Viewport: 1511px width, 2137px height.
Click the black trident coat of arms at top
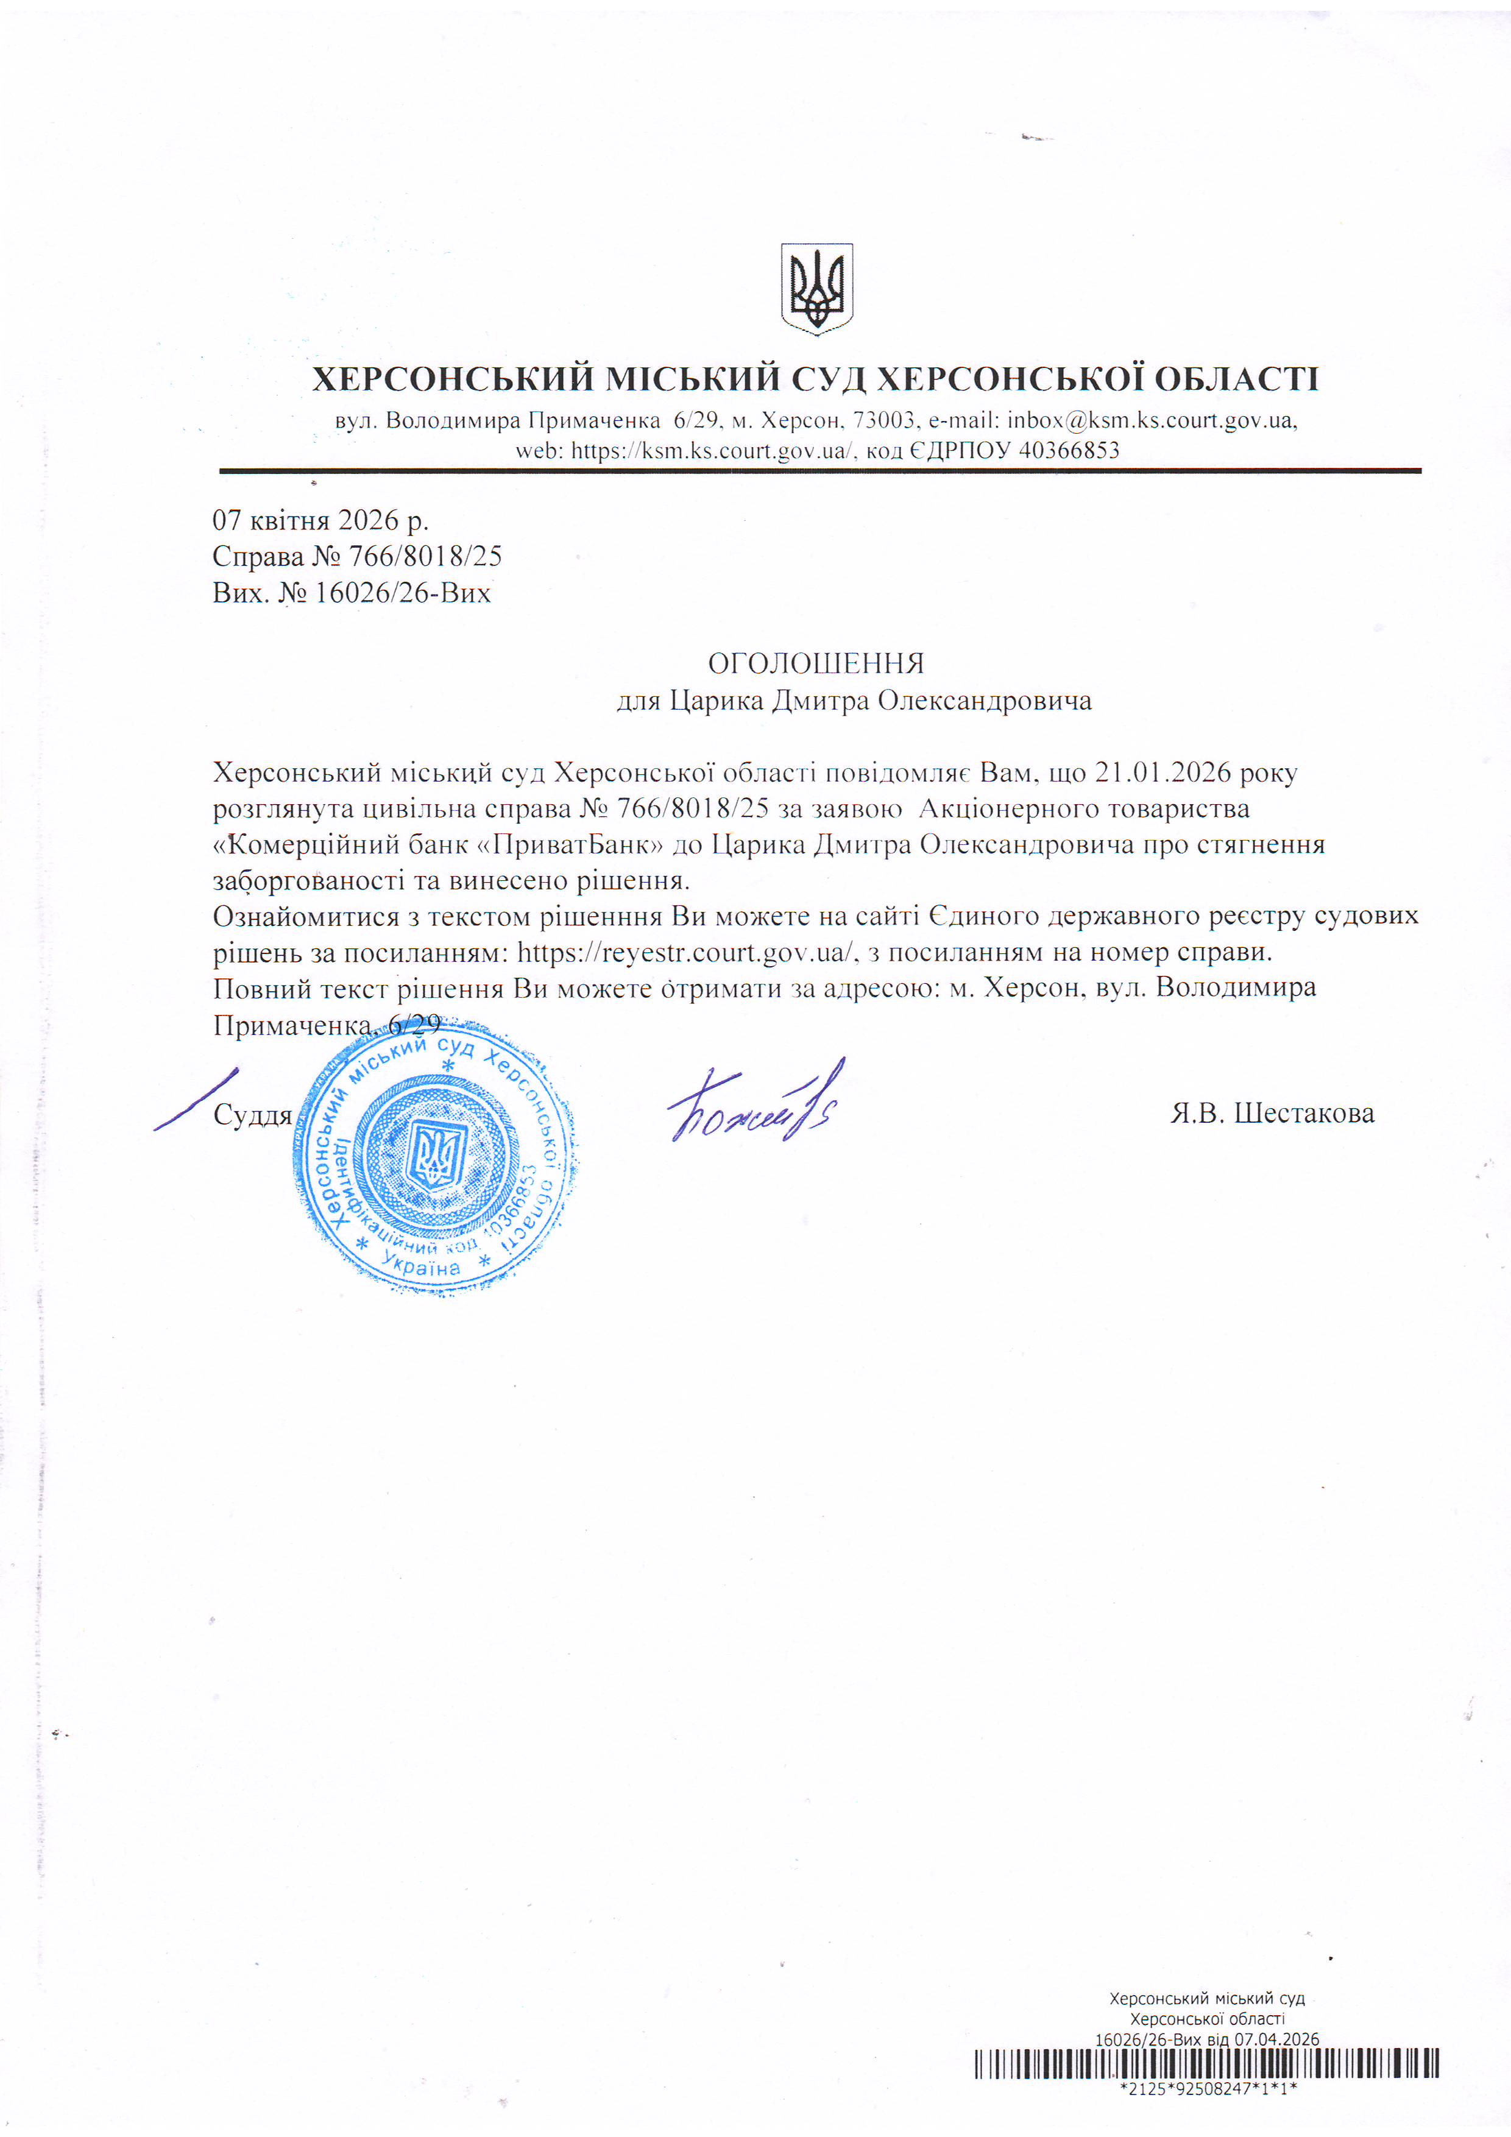point(816,289)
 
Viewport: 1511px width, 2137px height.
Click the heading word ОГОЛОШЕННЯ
point(816,663)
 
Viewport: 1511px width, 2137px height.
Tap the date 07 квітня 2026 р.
point(320,520)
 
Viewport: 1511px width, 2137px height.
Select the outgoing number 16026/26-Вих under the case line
point(402,593)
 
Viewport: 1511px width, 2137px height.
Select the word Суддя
point(252,1115)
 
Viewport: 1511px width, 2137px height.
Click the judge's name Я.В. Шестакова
point(1272,1113)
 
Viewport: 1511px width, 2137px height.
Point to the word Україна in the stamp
point(422,1266)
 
